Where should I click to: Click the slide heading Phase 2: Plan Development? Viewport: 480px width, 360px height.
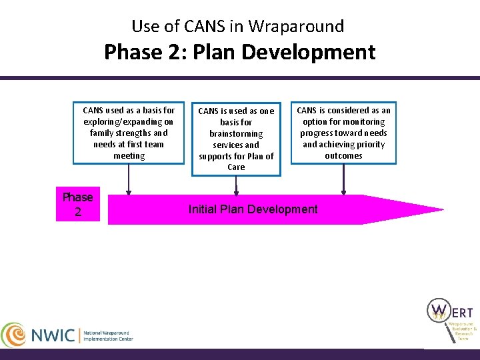[239, 52]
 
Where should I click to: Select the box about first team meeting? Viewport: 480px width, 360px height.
[129, 133]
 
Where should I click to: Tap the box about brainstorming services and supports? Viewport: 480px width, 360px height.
[237, 139]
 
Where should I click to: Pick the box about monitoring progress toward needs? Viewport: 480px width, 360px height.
[343, 133]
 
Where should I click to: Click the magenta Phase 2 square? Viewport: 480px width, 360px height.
[78, 204]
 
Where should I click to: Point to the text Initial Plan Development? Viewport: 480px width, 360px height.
[253, 209]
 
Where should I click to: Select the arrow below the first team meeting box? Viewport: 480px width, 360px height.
[129, 179]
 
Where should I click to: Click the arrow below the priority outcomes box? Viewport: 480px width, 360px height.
[343, 179]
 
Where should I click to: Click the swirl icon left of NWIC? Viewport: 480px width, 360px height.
[15, 335]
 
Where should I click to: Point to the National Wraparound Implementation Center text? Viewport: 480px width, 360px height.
[108, 335]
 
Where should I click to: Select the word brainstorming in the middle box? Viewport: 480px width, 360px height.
[237, 133]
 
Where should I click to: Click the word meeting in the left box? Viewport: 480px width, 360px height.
[129, 156]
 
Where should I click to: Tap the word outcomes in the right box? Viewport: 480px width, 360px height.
[343, 156]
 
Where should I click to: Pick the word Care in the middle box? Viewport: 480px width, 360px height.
[237, 167]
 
